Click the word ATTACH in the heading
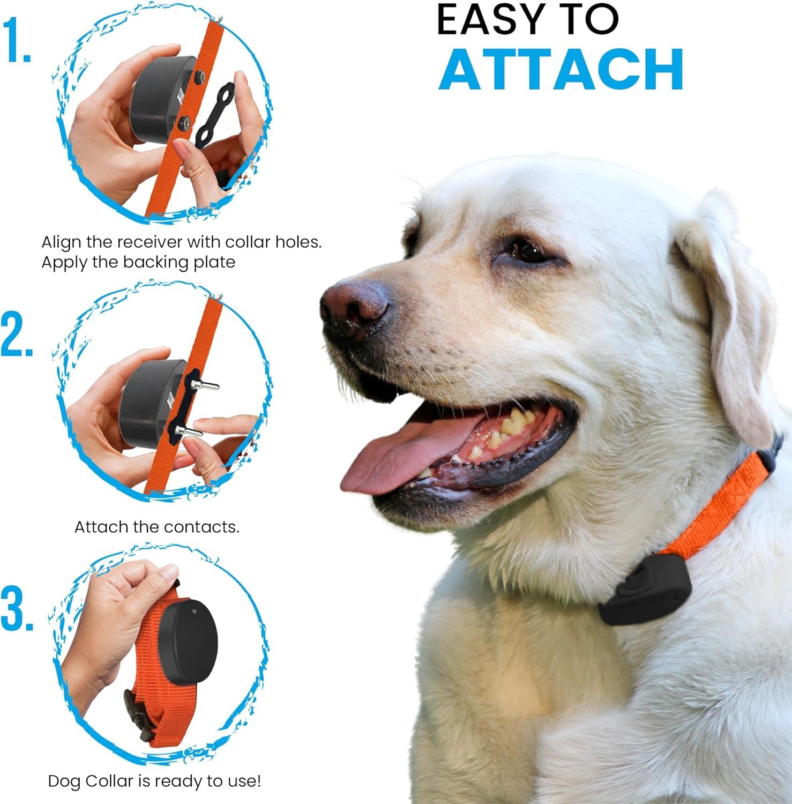(561, 70)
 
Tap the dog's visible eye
(528, 250)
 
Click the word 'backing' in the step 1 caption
(155, 263)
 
